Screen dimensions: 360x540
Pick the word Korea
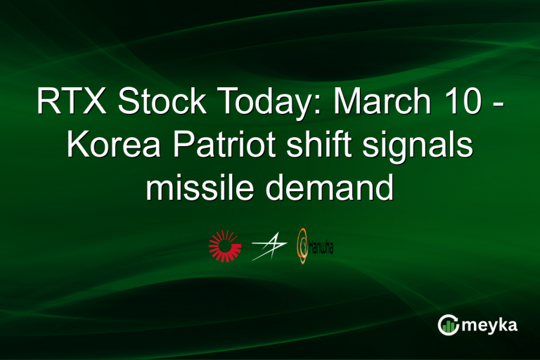tap(111, 146)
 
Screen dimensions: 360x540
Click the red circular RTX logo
tap(225, 245)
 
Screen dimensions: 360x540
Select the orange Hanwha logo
tap(302, 245)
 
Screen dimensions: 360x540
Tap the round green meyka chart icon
tap(449, 324)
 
